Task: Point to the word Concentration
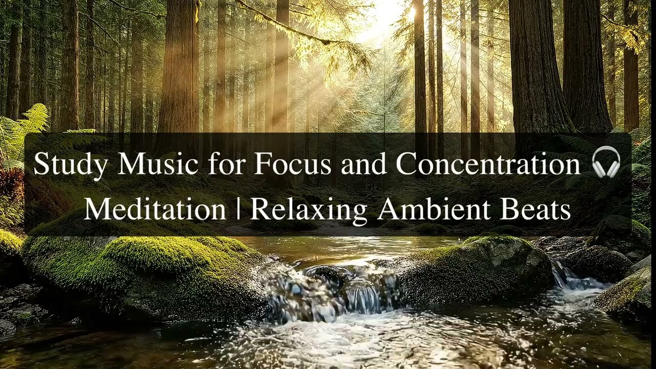pos(487,164)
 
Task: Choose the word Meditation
pos(154,209)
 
